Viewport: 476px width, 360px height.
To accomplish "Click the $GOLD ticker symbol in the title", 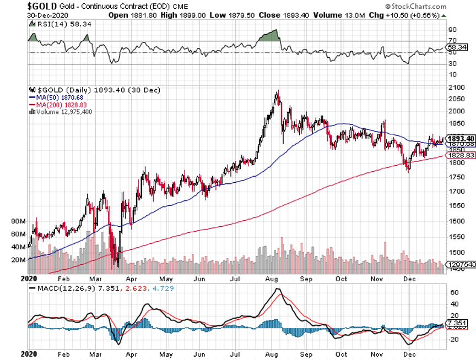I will coord(44,7).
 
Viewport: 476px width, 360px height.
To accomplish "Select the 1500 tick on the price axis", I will coord(455,253).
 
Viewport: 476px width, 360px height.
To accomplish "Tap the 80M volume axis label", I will coord(19,221).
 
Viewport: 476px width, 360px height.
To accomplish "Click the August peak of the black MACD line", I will coord(278,289).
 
